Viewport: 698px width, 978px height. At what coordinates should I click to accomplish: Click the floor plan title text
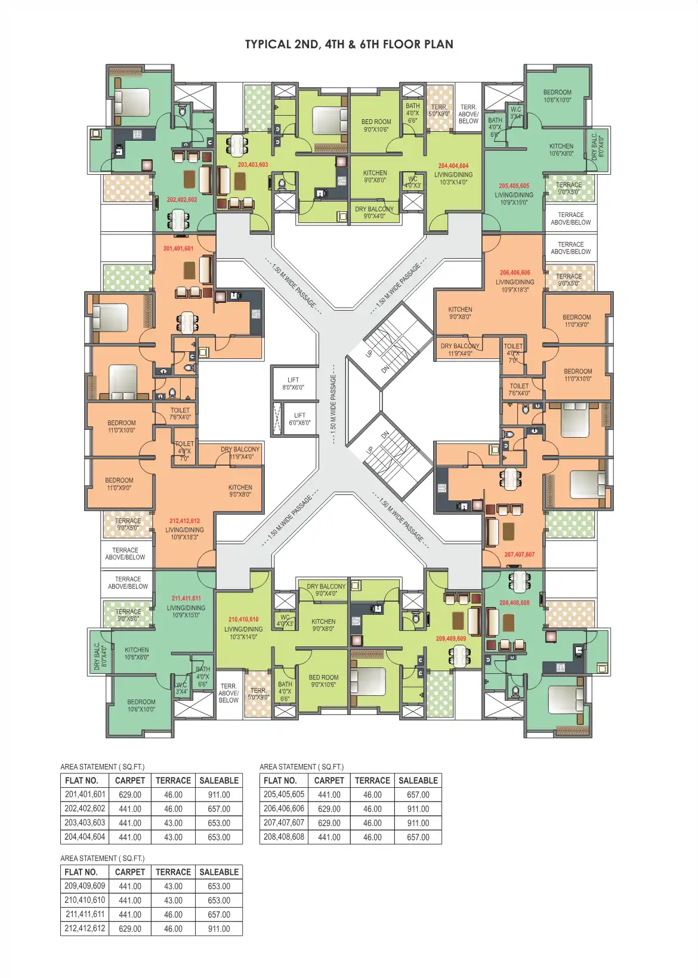pos(349,45)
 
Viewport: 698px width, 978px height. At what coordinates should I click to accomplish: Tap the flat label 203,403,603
pos(253,165)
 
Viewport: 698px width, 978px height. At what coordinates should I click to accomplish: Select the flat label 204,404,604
pos(453,166)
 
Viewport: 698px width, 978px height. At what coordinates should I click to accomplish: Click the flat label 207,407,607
pos(519,555)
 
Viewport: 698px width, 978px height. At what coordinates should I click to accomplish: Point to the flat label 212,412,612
pos(184,521)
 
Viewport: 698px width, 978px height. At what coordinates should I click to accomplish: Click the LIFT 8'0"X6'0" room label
pos(293,383)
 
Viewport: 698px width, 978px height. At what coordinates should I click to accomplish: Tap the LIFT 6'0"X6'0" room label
pos(299,419)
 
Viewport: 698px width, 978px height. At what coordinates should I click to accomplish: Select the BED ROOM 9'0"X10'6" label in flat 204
pos(376,125)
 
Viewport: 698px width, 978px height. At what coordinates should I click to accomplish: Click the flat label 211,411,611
pos(186,598)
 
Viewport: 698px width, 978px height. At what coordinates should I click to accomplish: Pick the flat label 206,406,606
pos(515,273)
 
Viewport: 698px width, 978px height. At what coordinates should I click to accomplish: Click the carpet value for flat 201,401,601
pos(130,795)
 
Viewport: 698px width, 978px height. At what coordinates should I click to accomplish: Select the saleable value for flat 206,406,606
pos(418,809)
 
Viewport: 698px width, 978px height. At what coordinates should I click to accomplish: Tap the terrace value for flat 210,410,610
pos(173,900)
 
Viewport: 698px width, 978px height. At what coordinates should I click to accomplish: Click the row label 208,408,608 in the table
pos(284,837)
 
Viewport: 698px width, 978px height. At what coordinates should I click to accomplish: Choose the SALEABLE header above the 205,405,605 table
pos(418,781)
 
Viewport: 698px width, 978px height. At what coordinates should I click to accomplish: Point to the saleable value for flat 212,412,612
pos(219,929)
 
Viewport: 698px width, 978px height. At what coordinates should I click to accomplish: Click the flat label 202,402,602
pos(182,200)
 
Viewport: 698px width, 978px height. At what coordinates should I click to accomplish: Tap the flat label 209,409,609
pos(451,639)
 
